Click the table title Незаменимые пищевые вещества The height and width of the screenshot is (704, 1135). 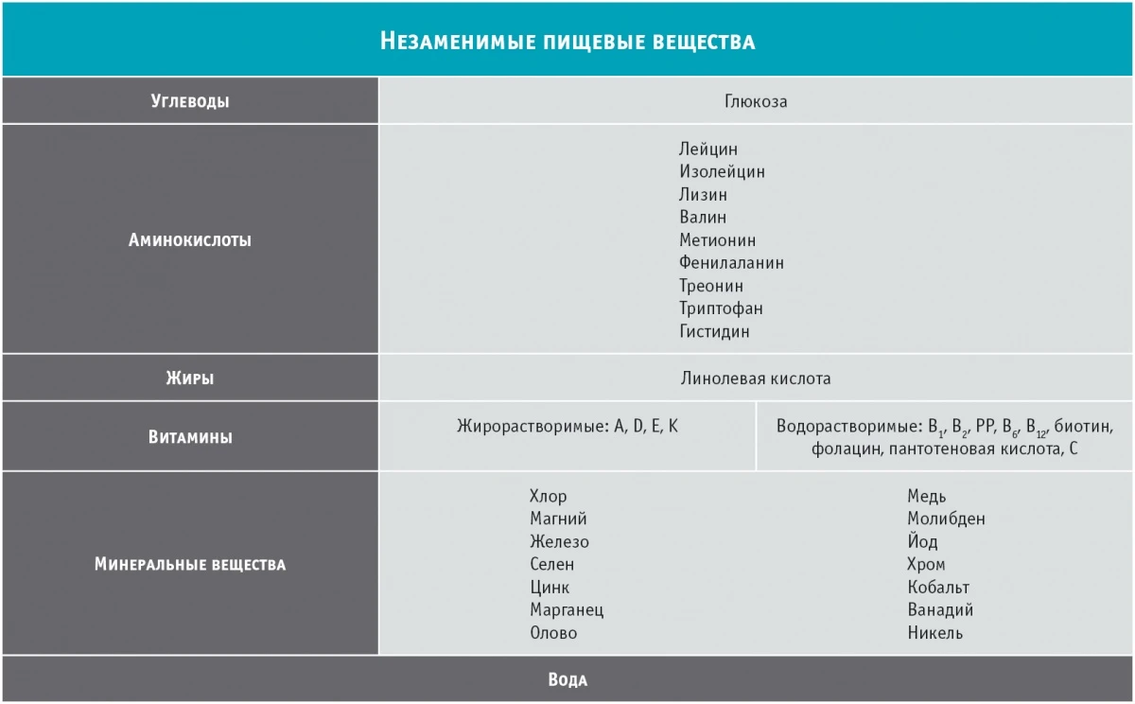tap(567, 41)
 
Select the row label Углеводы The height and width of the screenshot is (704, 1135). tap(189, 101)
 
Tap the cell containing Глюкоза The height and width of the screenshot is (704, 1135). tap(756, 101)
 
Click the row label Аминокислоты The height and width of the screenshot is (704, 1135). tap(189, 240)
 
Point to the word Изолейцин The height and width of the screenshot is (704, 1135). tap(722, 172)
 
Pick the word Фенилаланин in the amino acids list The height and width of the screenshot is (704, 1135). tap(731, 263)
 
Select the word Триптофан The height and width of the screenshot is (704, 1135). tap(721, 308)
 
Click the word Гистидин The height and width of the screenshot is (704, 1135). tap(714, 331)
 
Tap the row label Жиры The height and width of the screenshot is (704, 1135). tap(189, 378)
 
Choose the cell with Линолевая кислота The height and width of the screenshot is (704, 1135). tap(756, 378)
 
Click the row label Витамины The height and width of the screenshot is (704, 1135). tap(189, 437)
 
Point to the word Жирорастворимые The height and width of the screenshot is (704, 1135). tap(531, 427)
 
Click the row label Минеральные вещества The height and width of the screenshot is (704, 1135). tap(189, 565)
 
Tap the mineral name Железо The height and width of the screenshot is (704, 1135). tap(559, 542)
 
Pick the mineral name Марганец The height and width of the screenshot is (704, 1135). tap(567, 610)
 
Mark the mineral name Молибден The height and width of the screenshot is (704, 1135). tap(946, 519)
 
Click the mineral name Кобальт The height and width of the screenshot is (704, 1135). tap(938, 588)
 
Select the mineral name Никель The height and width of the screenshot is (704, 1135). tap(934, 633)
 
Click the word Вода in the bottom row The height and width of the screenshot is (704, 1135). tap(567, 680)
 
